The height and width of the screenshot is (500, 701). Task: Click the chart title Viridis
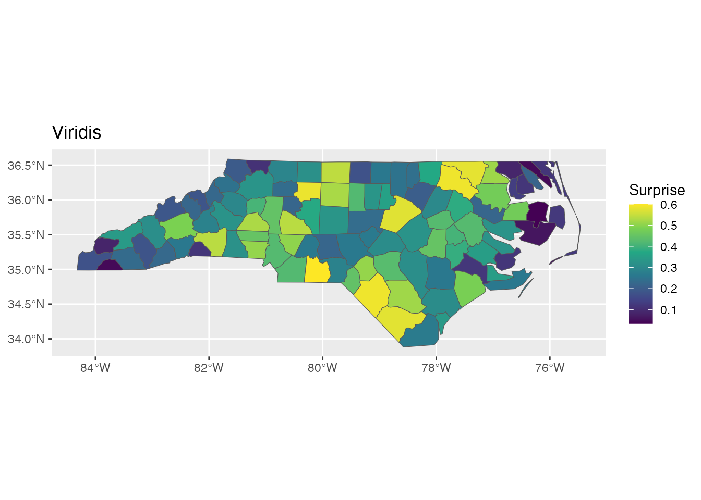click(x=77, y=133)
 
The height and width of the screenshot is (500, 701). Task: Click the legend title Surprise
click(x=657, y=190)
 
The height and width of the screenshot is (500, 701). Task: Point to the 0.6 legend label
click(x=669, y=205)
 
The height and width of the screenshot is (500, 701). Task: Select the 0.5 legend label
click(x=669, y=226)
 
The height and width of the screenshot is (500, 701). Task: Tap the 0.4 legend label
click(x=669, y=247)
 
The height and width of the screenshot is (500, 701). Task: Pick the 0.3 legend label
click(x=669, y=268)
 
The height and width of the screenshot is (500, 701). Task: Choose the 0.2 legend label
click(x=669, y=289)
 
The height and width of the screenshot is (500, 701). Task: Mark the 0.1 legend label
click(x=669, y=310)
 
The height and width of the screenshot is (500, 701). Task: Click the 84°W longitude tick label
click(x=95, y=368)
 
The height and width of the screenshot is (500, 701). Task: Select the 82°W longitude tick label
click(x=209, y=368)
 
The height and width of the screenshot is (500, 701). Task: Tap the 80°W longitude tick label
click(x=322, y=368)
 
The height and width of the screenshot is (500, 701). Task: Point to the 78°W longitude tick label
click(x=436, y=368)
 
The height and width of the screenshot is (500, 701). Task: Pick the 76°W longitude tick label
click(x=550, y=368)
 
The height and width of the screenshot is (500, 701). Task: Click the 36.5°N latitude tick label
click(x=26, y=166)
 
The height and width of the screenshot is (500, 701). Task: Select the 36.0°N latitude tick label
click(x=26, y=200)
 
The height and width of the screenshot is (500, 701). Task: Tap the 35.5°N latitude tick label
click(x=26, y=235)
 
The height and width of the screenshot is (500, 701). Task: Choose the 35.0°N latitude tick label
click(x=26, y=270)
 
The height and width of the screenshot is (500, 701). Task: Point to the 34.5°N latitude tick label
click(x=26, y=304)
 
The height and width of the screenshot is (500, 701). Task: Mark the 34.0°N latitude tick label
click(x=26, y=339)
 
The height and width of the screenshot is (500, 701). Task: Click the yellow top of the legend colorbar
click(x=640, y=206)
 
